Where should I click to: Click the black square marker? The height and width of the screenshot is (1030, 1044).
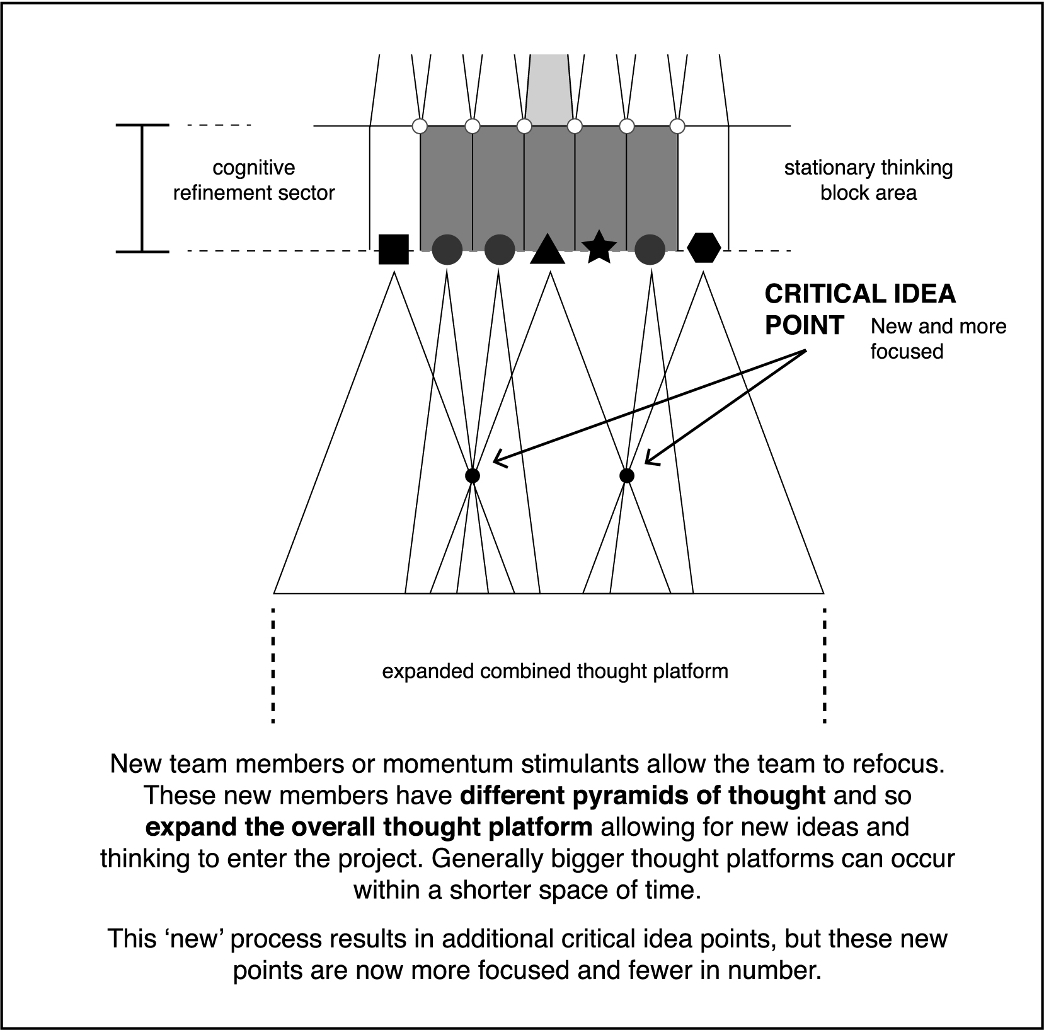point(394,249)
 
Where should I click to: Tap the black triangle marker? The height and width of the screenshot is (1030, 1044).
point(548,250)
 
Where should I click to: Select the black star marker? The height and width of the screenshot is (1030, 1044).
point(599,248)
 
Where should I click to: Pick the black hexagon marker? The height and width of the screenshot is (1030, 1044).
point(704,247)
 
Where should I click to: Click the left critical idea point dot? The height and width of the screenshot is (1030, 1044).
point(472,475)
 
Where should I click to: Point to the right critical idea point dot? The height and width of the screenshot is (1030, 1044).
point(626,475)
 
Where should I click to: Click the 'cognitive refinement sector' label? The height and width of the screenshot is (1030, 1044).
point(254,180)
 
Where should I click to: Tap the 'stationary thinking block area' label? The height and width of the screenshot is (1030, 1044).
point(868,180)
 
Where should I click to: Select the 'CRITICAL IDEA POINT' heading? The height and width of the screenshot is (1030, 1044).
point(860,310)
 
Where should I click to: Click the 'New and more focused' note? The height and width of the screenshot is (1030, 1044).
point(938,339)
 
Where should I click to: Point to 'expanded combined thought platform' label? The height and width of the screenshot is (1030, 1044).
point(555,671)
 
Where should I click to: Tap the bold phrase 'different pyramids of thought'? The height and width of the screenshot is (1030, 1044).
point(643,796)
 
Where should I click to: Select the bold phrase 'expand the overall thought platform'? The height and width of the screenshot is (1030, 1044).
point(369,827)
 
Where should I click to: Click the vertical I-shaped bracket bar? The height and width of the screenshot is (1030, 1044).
point(142,188)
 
